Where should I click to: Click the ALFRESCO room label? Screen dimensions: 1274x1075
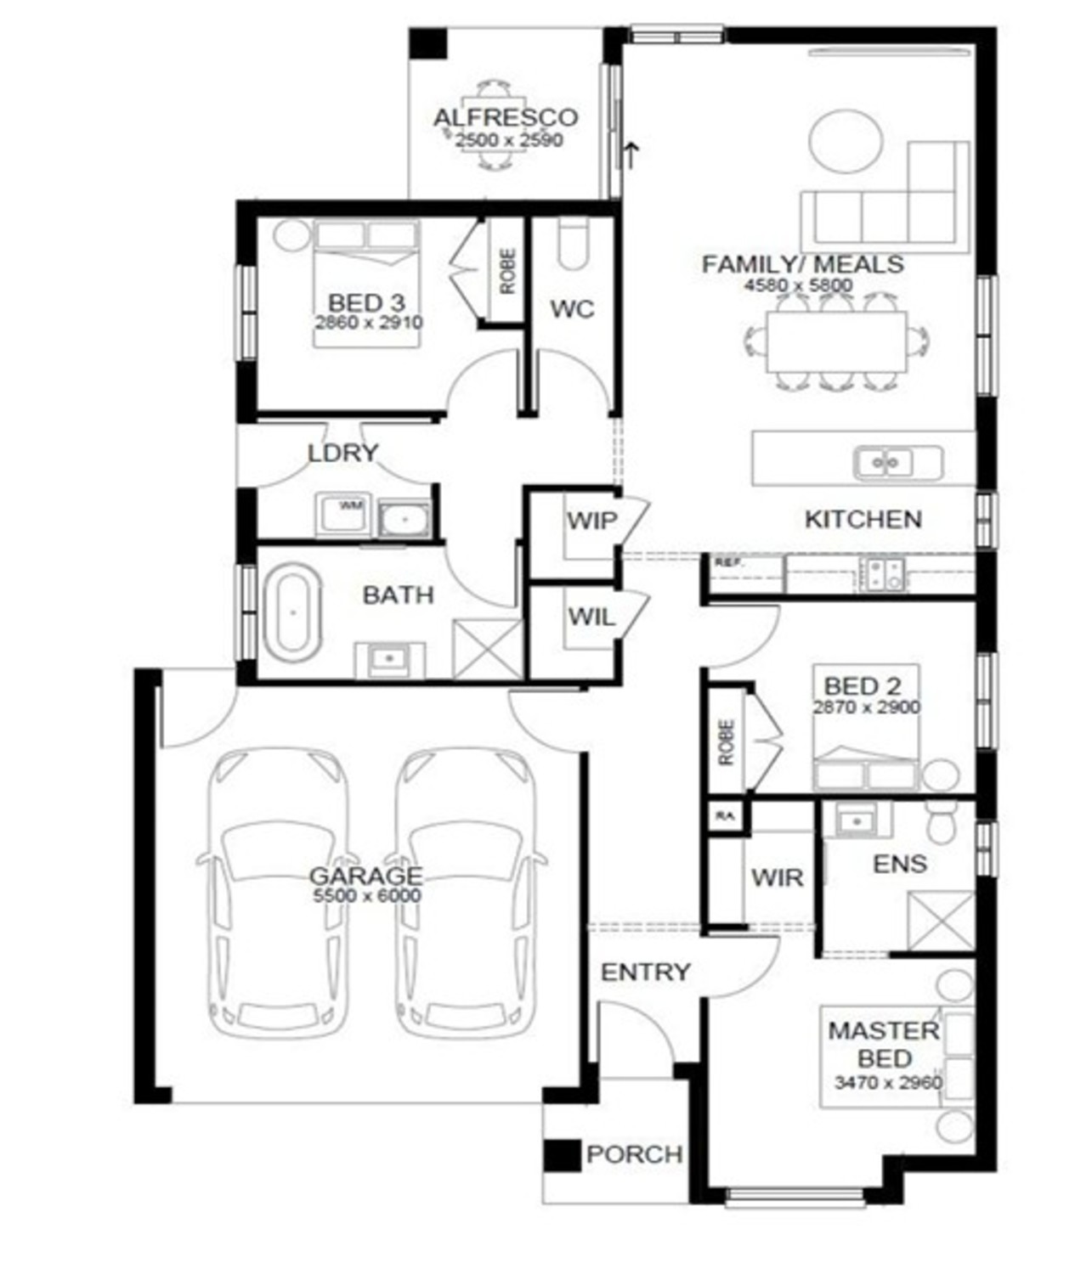[x=505, y=117]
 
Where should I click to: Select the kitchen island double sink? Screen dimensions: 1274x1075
[x=885, y=463]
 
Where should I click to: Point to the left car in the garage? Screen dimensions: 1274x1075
[x=277, y=892]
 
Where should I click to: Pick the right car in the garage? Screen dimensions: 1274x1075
[x=467, y=892]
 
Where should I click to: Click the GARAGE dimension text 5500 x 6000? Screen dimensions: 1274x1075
[x=365, y=895]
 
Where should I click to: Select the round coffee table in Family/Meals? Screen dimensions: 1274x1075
[x=846, y=141]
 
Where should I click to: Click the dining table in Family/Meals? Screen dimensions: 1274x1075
[x=835, y=341]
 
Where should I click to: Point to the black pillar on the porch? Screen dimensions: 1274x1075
[x=561, y=1155]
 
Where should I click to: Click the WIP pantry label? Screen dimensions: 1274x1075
[x=591, y=520]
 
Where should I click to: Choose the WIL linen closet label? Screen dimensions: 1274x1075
[x=591, y=617]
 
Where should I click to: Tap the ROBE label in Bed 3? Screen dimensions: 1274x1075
[x=507, y=271]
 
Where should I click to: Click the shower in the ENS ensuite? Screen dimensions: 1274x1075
[x=940, y=921]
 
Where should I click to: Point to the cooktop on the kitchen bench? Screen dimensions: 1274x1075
[x=884, y=574]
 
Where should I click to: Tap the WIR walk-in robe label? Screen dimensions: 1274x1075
[x=777, y=877]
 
